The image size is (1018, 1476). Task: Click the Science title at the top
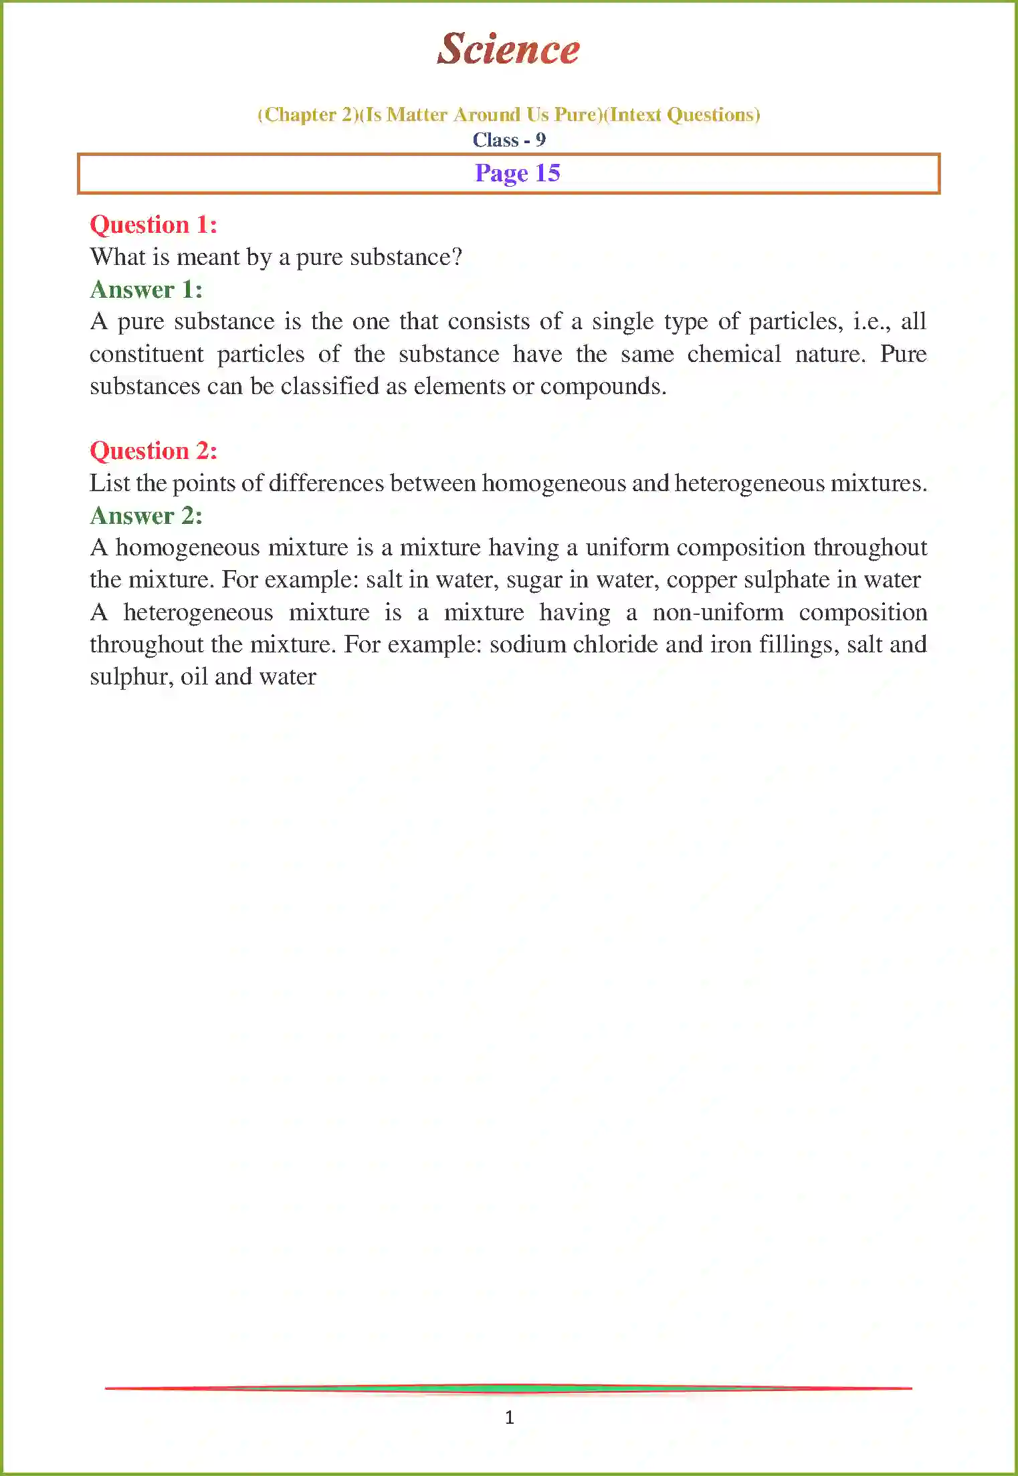[x=508, y=49]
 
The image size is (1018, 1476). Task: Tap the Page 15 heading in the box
[x=517, y=173]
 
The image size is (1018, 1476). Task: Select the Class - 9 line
[x=509, y=140]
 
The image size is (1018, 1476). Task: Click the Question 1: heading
[x=153, y=225]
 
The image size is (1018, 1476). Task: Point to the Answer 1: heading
[x=146, y=290]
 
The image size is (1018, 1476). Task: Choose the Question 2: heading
[x=153, y=451]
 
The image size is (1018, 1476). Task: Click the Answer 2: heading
[x=146, y=516]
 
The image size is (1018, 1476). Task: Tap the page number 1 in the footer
[x=510, y=1417]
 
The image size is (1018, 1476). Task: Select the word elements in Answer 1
[x=460, y=387]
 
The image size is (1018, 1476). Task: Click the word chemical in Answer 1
[x=734, y=354]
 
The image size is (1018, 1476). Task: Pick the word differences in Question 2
[x=326, y=483]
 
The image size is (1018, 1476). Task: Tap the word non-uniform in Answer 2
[x=718, y=613]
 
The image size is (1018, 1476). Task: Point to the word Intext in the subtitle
[x=635, y=115]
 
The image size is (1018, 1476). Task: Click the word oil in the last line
[x=194, y=677]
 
